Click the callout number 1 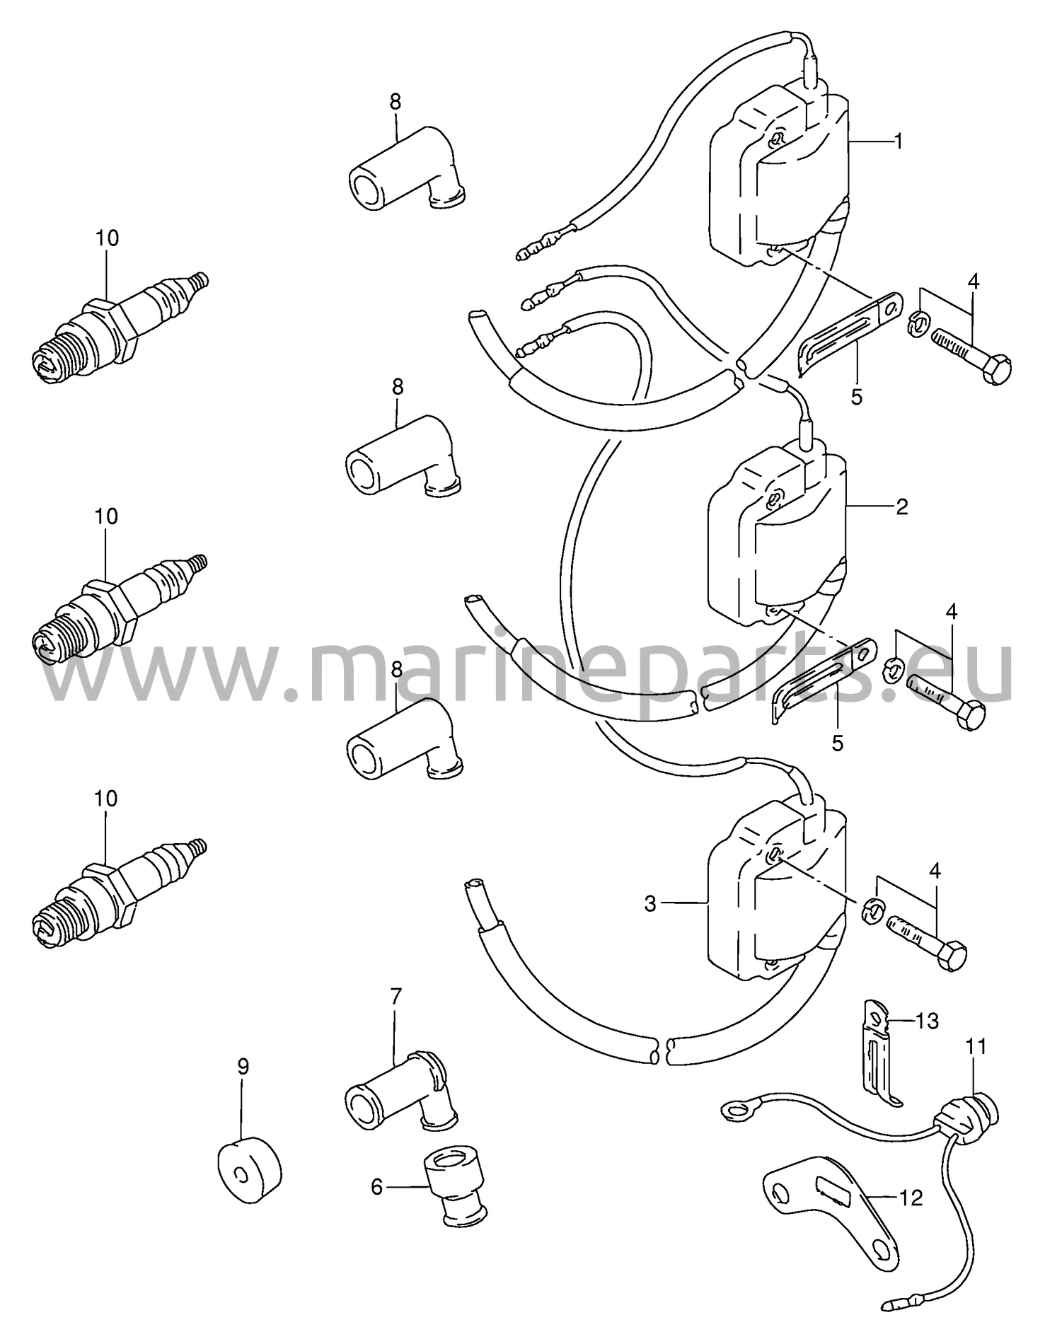(x=898, y=141)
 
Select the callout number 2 (x=901, y=506)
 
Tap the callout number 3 (x=650, y=903)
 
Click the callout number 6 (x=376, y=1186)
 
